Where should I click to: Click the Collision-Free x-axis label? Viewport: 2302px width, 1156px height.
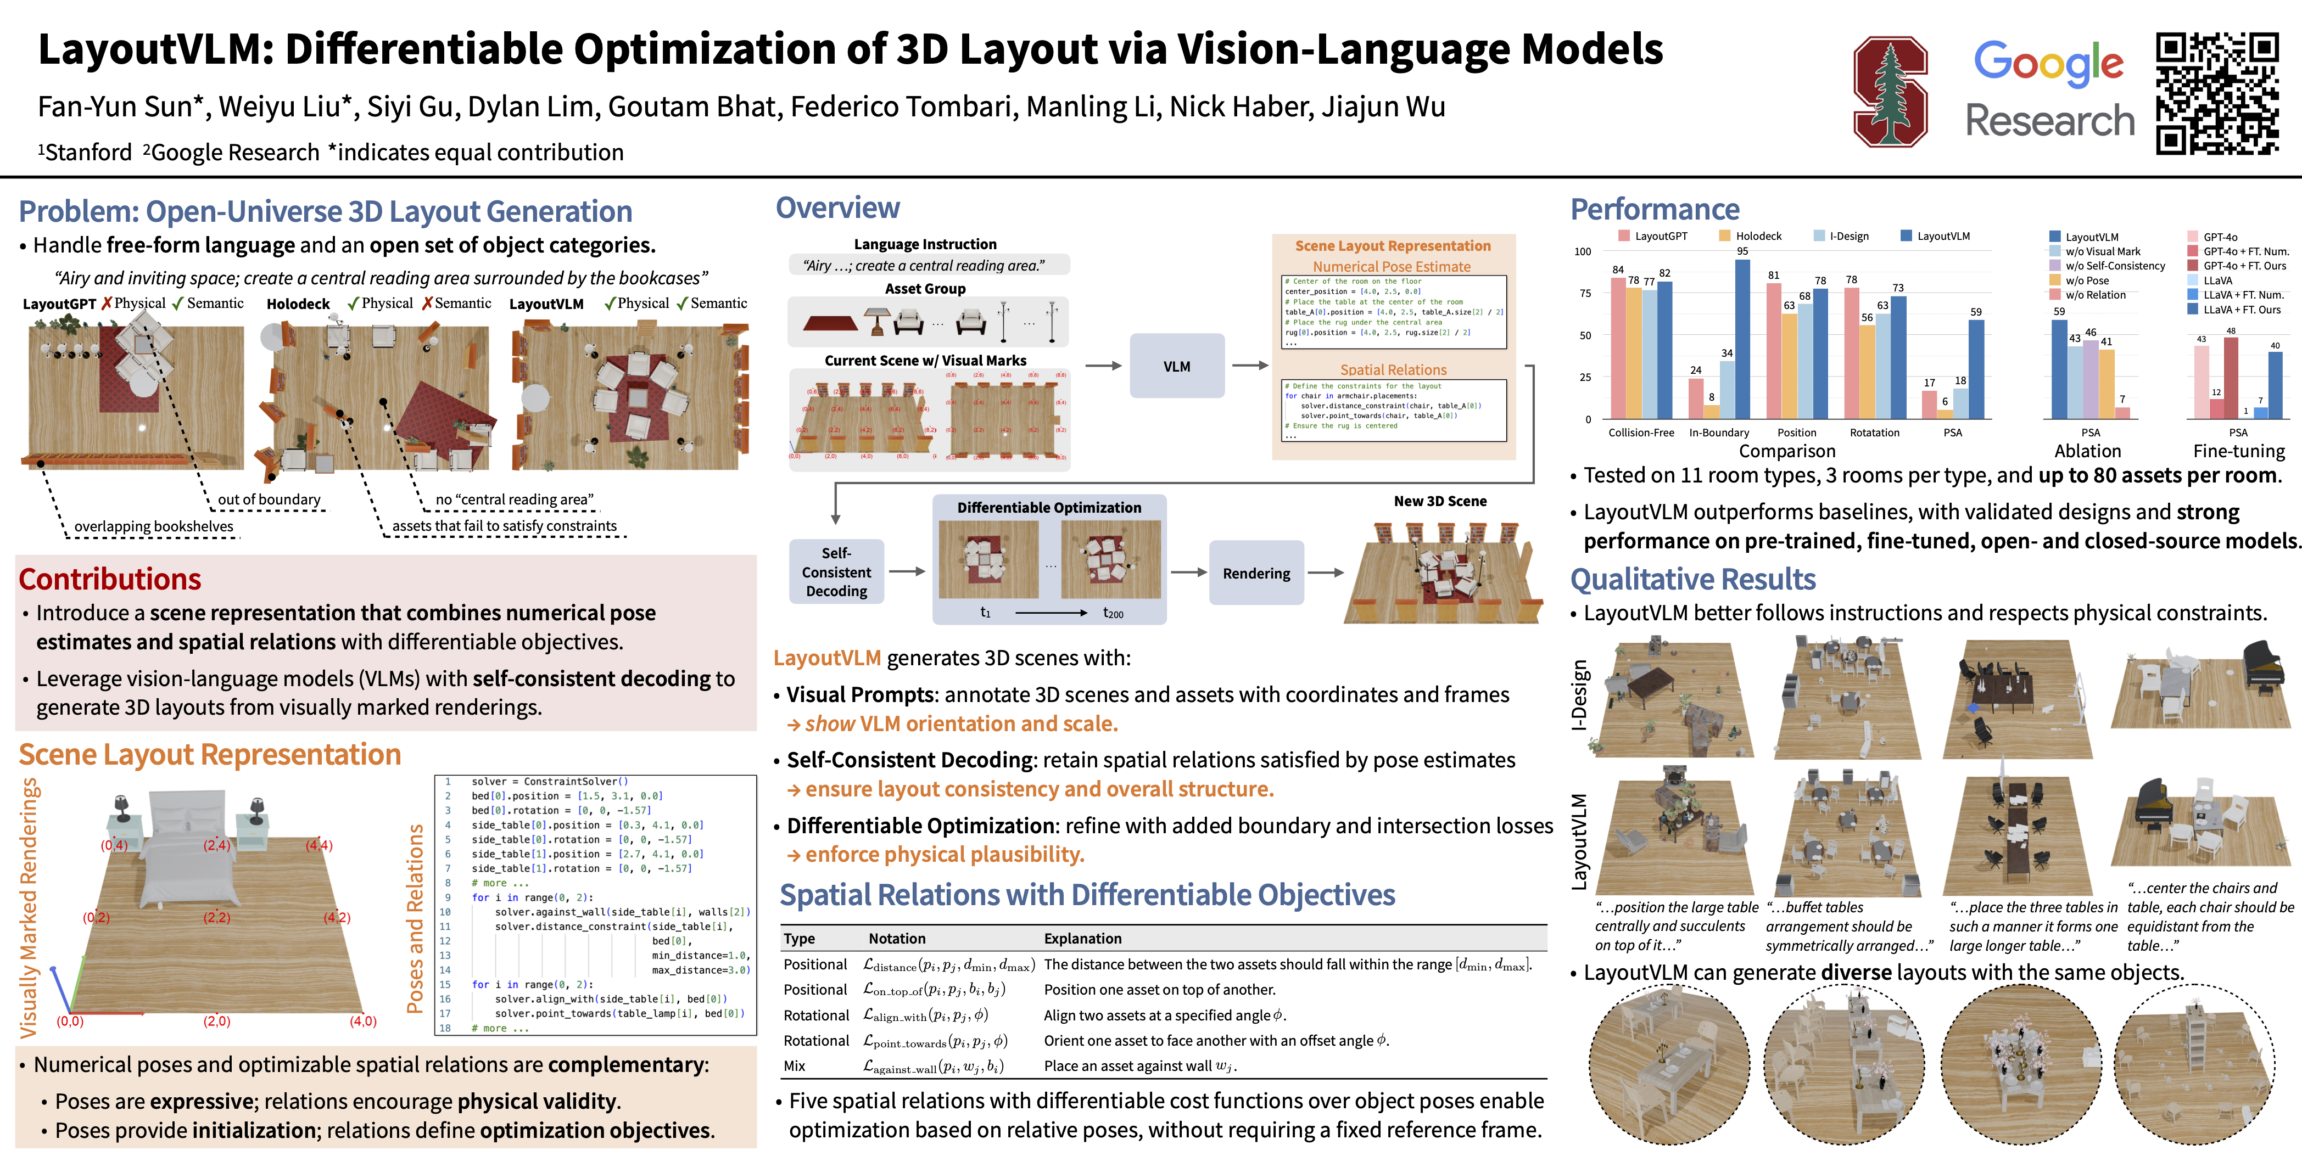point(1641,433)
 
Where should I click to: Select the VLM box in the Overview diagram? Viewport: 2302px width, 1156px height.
point(1176,366)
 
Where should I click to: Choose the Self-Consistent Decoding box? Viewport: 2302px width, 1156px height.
point(836,572)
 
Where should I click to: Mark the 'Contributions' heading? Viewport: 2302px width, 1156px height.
point(110,579)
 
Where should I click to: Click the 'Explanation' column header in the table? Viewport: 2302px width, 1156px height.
point(1082,938)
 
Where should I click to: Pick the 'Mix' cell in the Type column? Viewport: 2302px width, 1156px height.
point(795,1066)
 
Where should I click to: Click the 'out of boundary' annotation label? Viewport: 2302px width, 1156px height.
point(269,500)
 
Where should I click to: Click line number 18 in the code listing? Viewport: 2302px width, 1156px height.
point(445,1028)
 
